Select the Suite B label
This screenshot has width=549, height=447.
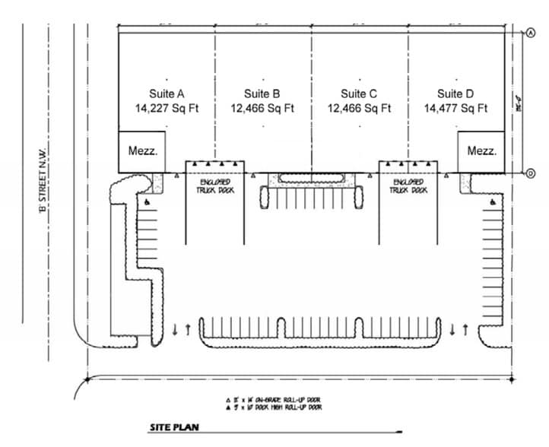pyautogui.click(x=262, y=94)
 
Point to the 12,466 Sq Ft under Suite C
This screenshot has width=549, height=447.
pyautogui.click(x=359, y=109)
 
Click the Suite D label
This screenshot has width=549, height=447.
pyautogui.click(x=455, y=94)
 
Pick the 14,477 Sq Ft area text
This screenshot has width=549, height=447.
pyautogui.click(x=455, y=109)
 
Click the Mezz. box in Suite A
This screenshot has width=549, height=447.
pyautogui.click(x=142, y=151)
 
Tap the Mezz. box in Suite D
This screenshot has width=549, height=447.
pyautogui.click(x=481, y=151)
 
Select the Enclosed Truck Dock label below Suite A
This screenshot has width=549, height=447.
pyautogui.click(x=216, y=186)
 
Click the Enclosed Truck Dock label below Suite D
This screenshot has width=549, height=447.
pyautogui.click(x=408, y=186)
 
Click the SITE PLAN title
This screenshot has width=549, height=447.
pyautogui.click(x=174, y=427)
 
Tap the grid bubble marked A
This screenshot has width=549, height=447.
pyautogui.click(x=531, y=32)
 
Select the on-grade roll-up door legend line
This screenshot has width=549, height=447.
pyautogui.click(x=274, y=400)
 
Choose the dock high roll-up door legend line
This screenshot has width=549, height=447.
pyautogui.click(x=274, y=408)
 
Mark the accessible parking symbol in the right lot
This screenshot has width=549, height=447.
pyautogui.click(x=495, y=202)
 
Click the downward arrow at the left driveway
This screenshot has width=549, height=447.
pyautogui.click(x=176, y=329)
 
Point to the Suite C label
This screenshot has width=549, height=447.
pyautogui.click(x=359, y=94)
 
